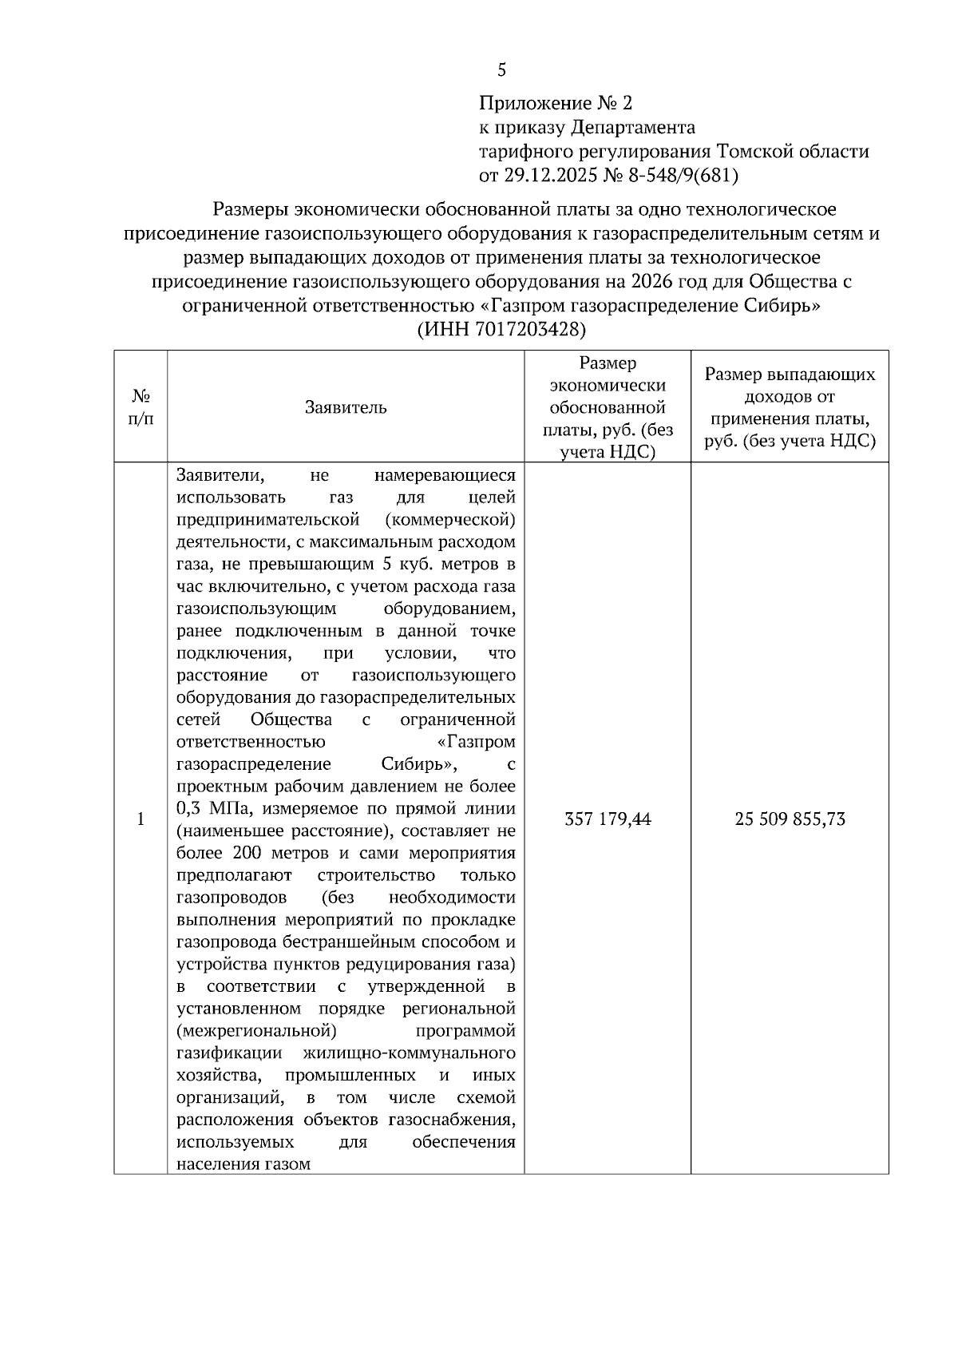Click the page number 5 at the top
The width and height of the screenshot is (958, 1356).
pos(501,70)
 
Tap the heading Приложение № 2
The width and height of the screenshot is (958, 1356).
pos(555,103)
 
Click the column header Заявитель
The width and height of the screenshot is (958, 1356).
pos(346,407)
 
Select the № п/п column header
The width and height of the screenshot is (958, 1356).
pos(141,407)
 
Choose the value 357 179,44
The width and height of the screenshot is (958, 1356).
pos(608,819)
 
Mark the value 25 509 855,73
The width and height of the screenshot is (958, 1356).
pos(790,819)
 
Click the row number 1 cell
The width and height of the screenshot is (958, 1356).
pos(141,819)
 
